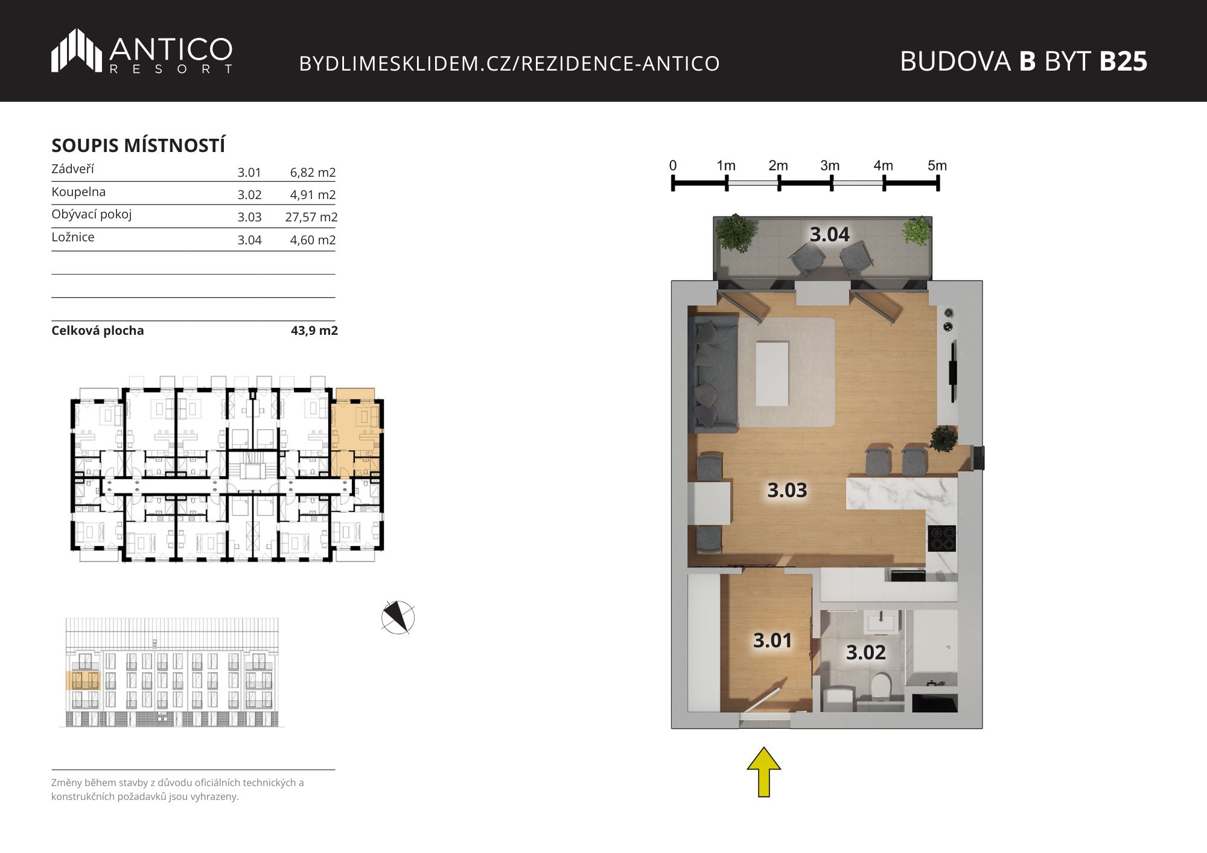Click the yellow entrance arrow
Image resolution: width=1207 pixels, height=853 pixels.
coord(764,772)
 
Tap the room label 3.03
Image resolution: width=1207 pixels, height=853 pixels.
coord(787,490)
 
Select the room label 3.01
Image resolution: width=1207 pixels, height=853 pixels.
coord(772,640)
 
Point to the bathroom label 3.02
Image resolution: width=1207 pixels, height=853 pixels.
coord(866,652)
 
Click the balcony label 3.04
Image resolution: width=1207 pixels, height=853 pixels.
coord(830,234)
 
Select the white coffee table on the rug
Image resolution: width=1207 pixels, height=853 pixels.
coord(772,373)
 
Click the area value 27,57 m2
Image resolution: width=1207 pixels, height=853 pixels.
coord(311,217)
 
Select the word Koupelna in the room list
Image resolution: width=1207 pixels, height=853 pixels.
coord(78,192)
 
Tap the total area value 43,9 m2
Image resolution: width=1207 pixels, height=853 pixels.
coord(314,331)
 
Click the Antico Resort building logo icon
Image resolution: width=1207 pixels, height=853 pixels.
coord(76,51)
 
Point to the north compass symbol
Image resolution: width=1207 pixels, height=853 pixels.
coord(398,617)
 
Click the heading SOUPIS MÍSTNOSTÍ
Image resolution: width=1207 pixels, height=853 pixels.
coord(138,145)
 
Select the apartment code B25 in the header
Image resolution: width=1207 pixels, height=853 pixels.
coord(1123,61)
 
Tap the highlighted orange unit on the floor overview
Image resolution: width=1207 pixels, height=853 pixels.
coord(355,433)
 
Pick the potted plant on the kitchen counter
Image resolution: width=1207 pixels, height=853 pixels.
coord(943,439)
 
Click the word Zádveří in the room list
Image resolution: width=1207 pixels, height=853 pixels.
coord(73,169)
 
